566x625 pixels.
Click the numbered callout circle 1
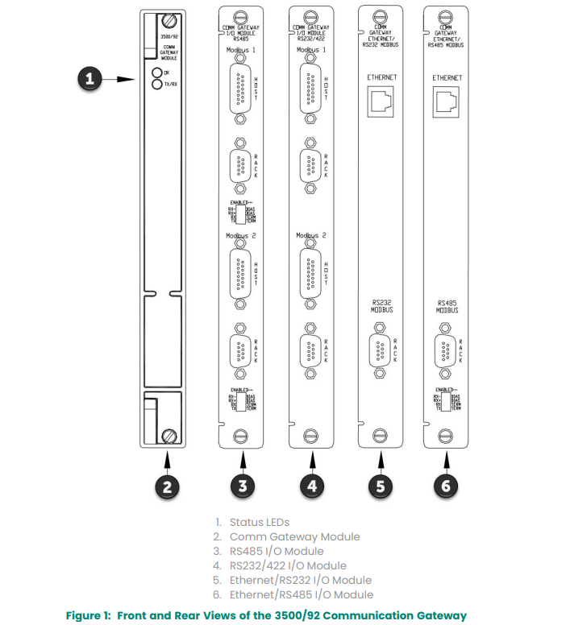(x=91, y=79)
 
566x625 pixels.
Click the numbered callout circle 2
(x=167, y=486)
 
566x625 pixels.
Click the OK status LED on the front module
(x=157, y=73)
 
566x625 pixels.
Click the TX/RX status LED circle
(x=157, y=84)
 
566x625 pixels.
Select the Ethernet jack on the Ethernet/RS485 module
(x=446, y=101)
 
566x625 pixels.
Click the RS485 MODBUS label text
(x=447, y=306)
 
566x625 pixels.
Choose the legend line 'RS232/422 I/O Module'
(x=287, y=565)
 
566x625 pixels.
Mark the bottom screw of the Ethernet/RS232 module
(x=378, y=436)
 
